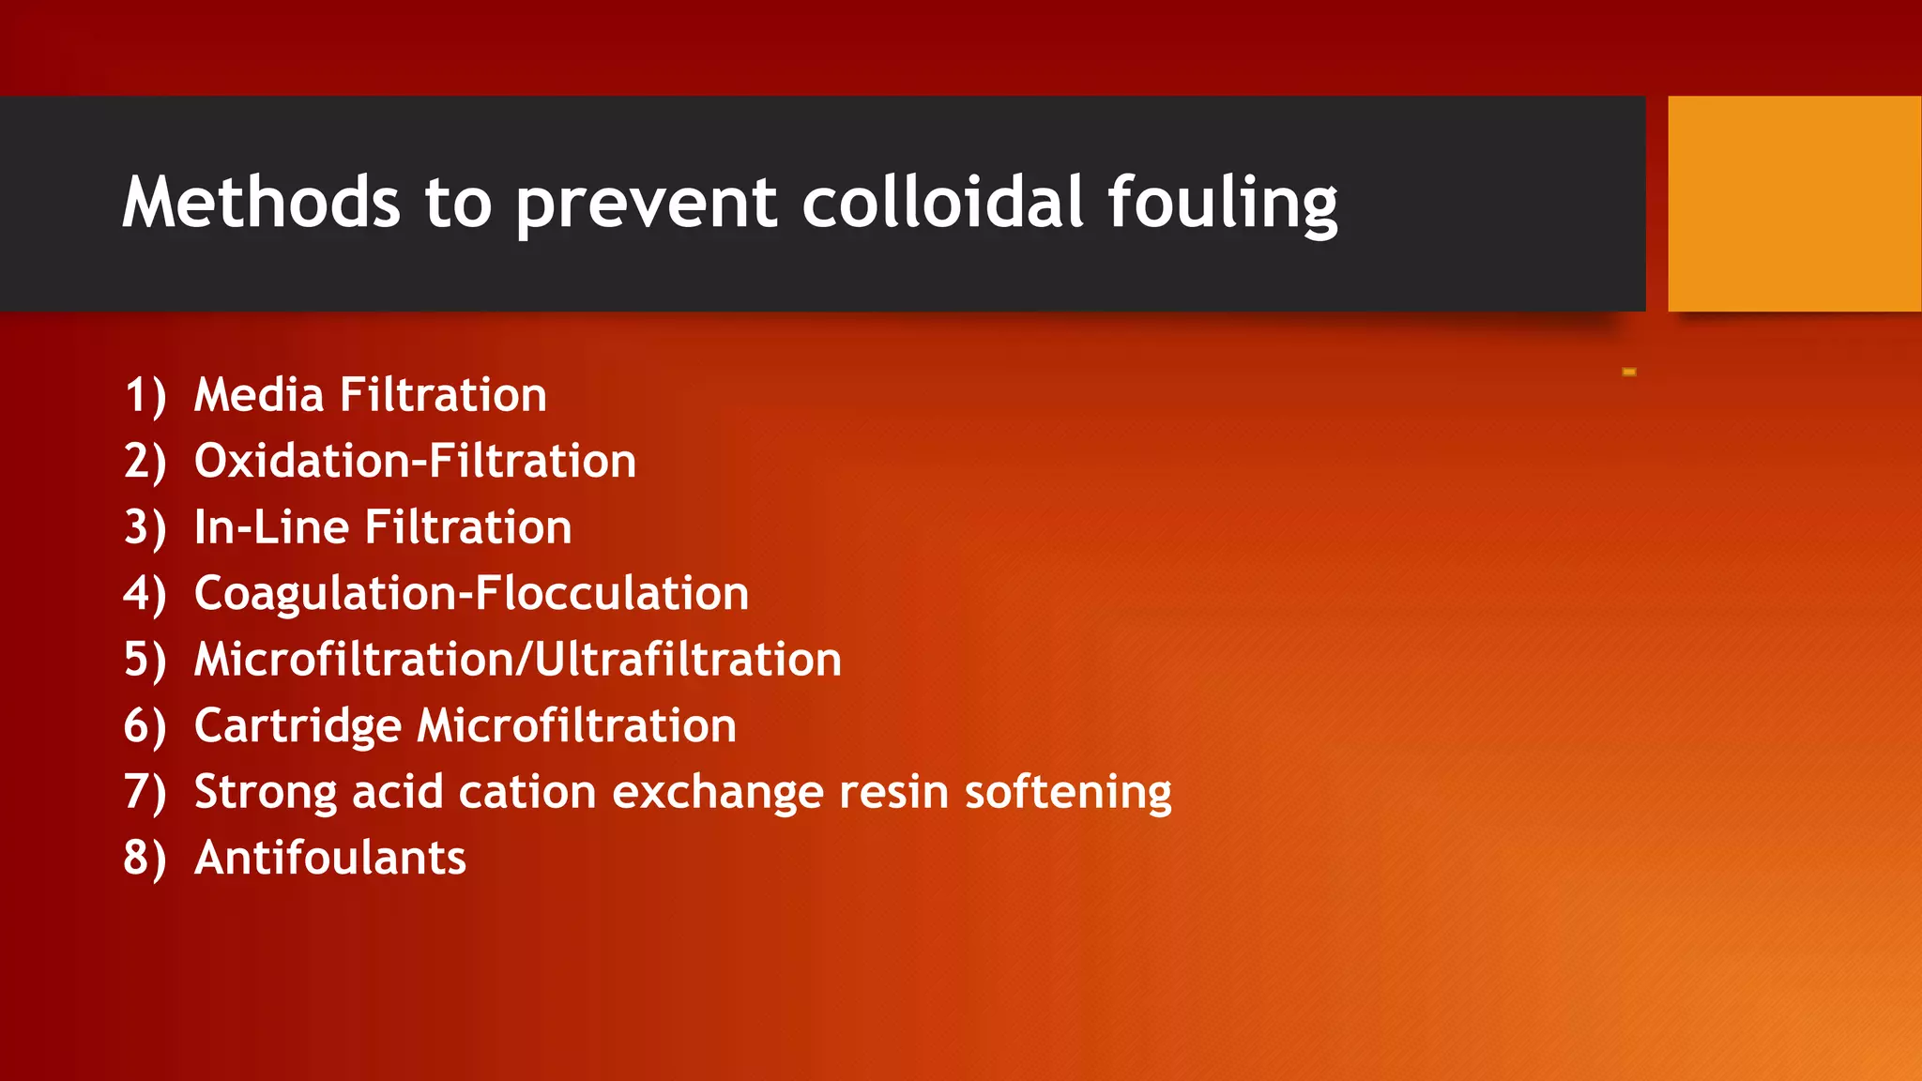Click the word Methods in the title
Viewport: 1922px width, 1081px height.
(261, 202)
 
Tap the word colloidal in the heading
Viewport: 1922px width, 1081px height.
(942, 202)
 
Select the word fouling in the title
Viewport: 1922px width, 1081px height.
(1222, 204)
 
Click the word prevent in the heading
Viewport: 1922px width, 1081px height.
(647, 204)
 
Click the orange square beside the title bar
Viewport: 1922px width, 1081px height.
(1793, 204)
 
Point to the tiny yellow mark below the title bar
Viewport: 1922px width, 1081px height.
(1629, 373)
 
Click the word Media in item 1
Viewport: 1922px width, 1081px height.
(259, 394)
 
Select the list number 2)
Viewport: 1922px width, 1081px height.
(145, 461)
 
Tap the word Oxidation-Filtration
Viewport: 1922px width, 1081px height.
(415, 461)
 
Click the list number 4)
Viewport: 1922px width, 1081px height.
(145, 593)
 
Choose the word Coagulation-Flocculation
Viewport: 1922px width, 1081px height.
(471, 593)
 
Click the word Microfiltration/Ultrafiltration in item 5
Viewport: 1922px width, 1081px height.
(517, 659)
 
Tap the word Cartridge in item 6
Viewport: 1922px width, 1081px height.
(297, 726)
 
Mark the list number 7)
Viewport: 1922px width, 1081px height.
(145, 791)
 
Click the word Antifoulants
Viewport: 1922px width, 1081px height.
(329, 858)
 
